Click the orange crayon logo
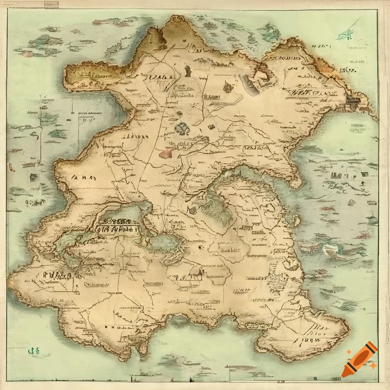point(359,360)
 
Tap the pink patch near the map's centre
point(166,153)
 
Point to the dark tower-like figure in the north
point(187,70)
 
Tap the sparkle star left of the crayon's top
point(349,352)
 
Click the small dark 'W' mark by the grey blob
point(211,127)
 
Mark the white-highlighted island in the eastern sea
point(328,249)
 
